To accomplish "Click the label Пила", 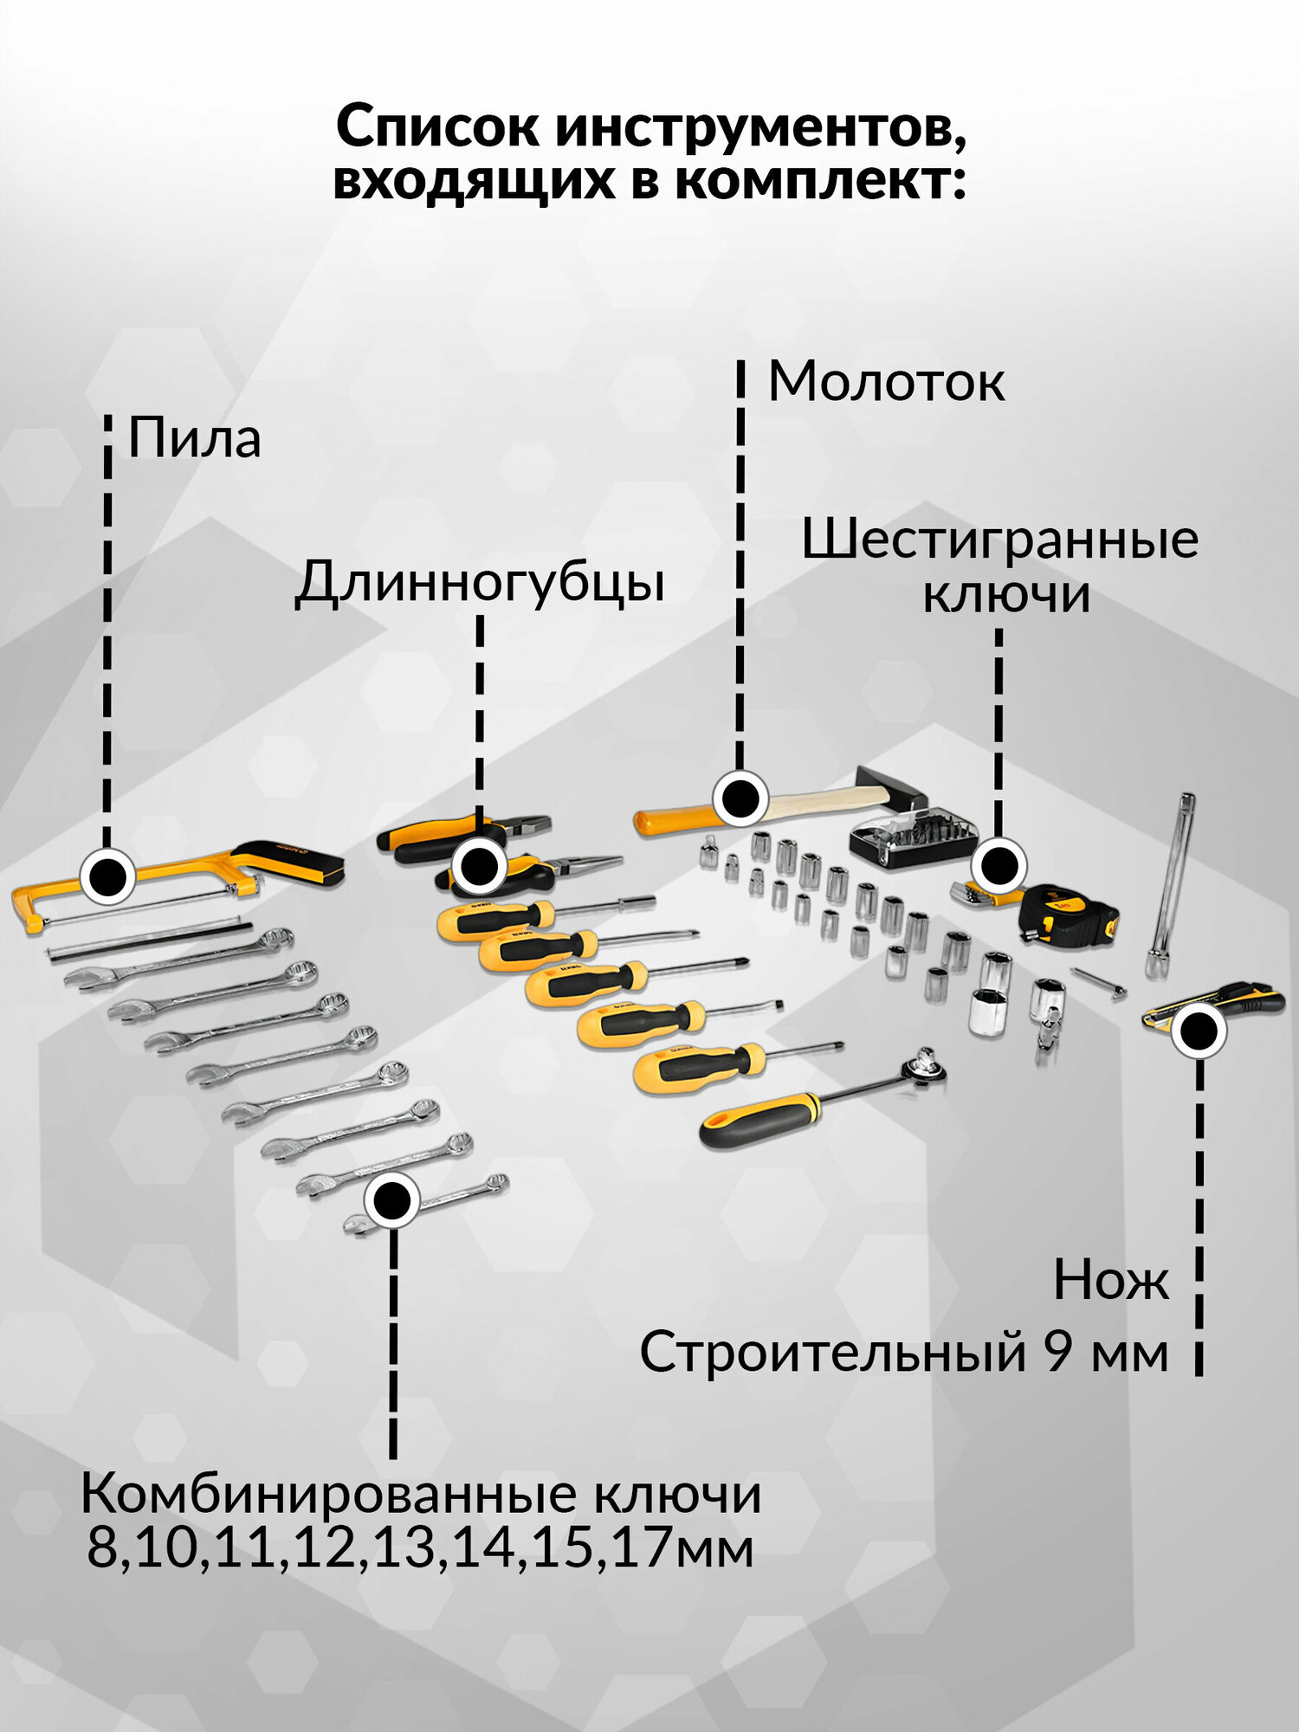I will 194,439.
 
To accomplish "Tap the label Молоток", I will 886,381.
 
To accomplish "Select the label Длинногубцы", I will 480,582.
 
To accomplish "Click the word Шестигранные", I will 999,540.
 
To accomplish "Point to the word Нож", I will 1111,1280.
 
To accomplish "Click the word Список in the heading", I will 437,127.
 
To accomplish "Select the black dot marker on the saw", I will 107,876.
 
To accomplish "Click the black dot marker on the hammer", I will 740,798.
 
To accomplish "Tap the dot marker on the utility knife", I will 1199,1031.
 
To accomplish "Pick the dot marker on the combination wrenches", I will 392,1200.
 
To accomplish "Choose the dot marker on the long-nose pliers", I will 479,865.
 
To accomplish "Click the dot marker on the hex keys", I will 998,865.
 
